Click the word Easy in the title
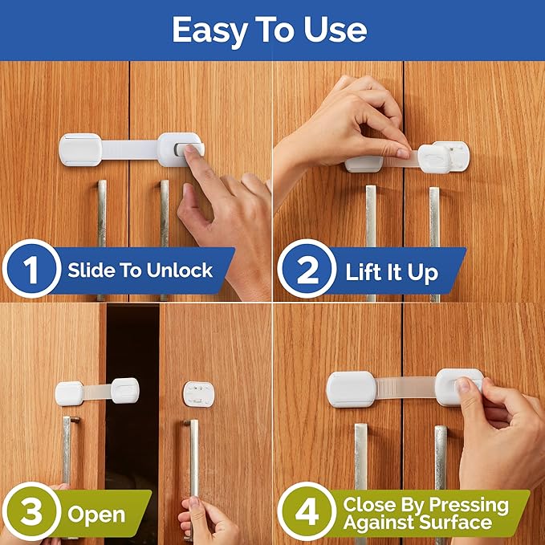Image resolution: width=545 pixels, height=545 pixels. [210, 30]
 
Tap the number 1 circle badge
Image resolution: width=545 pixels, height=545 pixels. [31, 270]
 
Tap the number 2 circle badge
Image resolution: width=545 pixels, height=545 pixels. [307, 270]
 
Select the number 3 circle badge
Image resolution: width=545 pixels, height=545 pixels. [31, 513]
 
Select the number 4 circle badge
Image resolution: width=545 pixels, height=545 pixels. [307, 513]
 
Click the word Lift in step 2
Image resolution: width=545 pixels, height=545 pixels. [366, 271]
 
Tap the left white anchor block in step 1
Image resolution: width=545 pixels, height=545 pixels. [80, 149]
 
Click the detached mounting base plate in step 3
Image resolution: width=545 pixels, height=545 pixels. [198, 394]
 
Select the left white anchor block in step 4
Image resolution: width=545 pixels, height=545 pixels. [351, 388]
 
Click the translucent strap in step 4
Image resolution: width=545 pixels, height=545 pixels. [406, 388]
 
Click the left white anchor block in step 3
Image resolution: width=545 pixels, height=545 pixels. [70, 392]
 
